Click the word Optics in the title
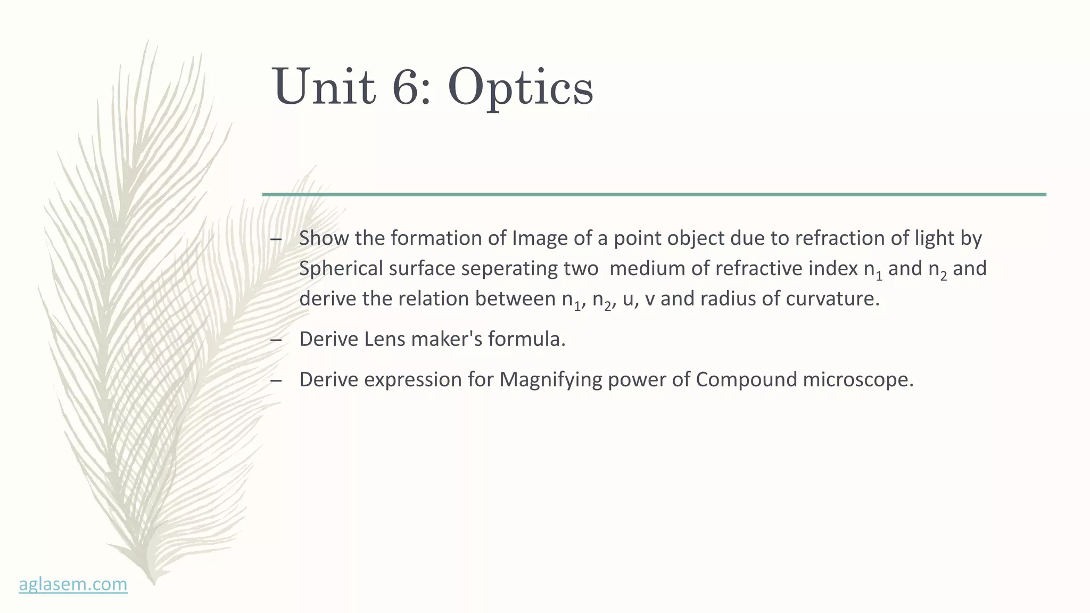point(520,87)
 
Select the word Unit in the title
point(324,87)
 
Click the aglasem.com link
point(73,584)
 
